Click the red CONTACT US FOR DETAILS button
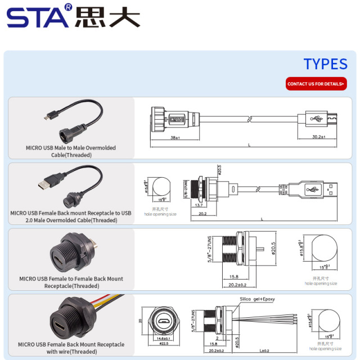click(316, 84)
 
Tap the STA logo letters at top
click(38, 16)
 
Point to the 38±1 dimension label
click(175, 137)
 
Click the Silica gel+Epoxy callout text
click(257, 299)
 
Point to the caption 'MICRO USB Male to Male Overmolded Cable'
click(71, 151)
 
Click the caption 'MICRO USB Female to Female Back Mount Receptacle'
click(71, 282)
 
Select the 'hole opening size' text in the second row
click(160, 214)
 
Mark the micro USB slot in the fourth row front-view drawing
click(164, 322)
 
